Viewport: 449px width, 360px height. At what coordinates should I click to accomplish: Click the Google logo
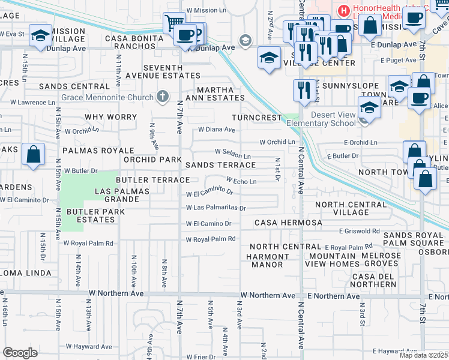click(x=20, y=352)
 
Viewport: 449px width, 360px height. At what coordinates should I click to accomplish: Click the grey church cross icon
click(x=163, y=97)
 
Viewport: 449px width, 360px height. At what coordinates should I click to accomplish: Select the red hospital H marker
click(x=343, y=10)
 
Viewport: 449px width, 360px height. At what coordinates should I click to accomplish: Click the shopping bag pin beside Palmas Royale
click(x=34, y=155)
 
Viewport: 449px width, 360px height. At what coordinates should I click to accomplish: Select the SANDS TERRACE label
click(x=220, y=164)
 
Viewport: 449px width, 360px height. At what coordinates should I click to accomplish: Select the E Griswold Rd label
click(x=359, y=230)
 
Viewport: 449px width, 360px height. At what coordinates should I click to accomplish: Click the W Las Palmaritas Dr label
click(x=215, y=208)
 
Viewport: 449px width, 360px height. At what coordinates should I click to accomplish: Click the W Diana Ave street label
click(x=217, y=129)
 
